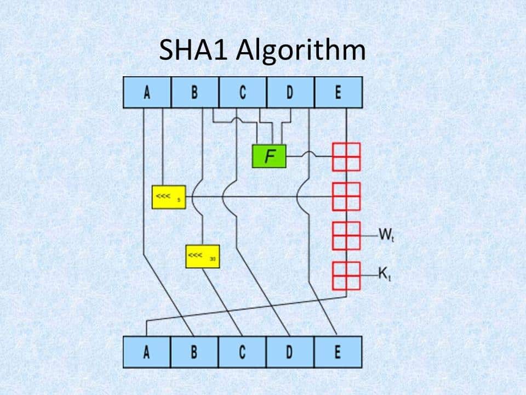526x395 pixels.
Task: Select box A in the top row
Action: (x=147, y=92)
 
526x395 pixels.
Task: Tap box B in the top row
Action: (x=195, y=92)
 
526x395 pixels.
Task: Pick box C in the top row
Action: (x=243, y=92)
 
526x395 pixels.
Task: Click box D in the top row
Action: (x=290, y=92)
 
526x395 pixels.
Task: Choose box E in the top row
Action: (x=338, y=92)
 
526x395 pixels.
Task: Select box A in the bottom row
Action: (x=147, y=352)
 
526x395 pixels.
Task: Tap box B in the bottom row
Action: (x=195, y=352)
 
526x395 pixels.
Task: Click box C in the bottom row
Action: (x=242, y=352)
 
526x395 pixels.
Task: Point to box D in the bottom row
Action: (x=290, y=352)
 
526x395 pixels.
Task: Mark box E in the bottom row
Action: (x=338, y=352)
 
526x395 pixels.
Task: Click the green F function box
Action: (x=269, y=156)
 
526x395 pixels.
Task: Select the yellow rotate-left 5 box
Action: (x=168, y=197)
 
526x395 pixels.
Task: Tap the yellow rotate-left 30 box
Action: (x=202, y=256)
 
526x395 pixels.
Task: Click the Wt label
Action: (x=385, y=235)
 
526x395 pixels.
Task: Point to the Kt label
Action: (x=385, y=273)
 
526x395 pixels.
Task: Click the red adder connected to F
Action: (x=346, y=157)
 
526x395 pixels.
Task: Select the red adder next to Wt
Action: (x=346, y=236)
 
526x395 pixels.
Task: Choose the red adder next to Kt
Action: (x=346, y=275)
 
